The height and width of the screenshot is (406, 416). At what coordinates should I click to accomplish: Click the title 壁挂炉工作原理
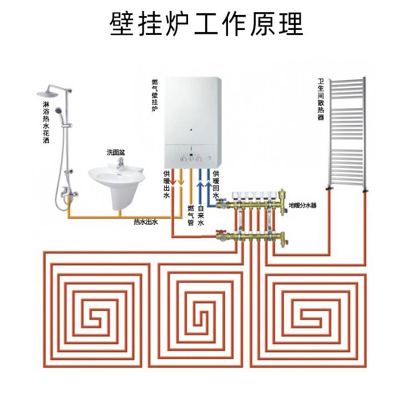tap(207, 23)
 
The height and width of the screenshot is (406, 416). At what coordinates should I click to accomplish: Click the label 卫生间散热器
tap(321, 100)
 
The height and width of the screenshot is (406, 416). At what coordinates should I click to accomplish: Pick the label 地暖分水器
tap(302, 205)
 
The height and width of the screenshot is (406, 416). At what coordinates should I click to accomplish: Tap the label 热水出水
tap(146, 222)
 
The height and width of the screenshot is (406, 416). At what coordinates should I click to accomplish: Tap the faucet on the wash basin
tap(119, 163)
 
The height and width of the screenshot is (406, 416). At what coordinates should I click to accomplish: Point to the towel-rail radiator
tap(347, 133)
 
